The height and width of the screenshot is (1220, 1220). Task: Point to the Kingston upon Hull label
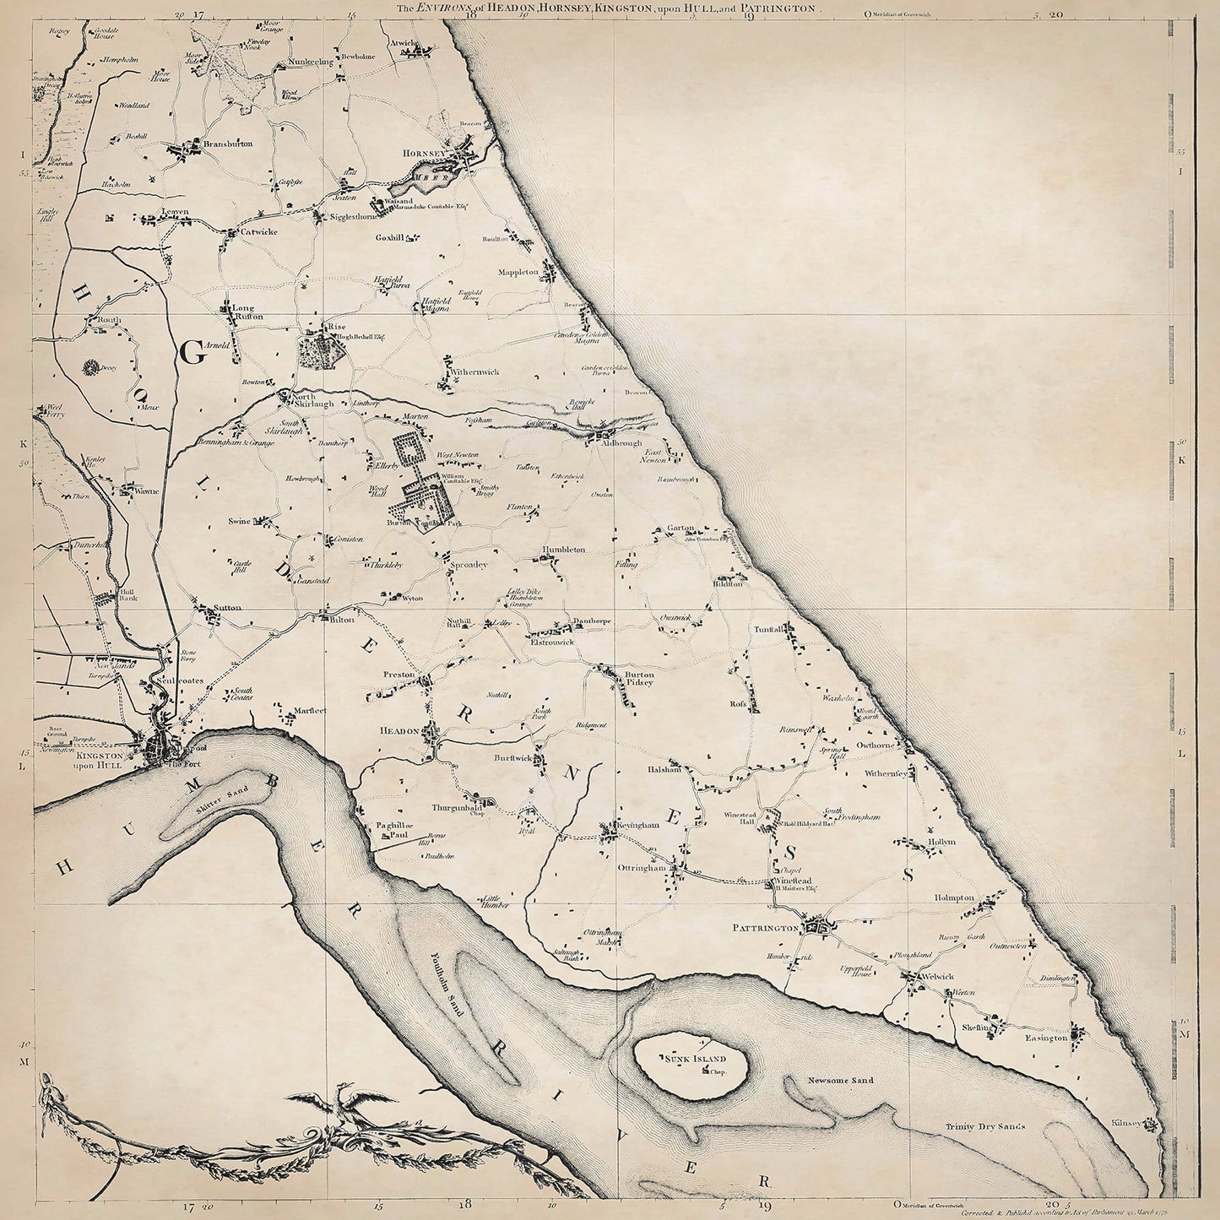[x=100, y=760]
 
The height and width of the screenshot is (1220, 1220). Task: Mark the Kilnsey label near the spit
[x=1126, y=1124]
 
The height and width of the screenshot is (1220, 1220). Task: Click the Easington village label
[x=1046, y=1037]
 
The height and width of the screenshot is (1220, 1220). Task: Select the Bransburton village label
[x=228, y=144]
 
